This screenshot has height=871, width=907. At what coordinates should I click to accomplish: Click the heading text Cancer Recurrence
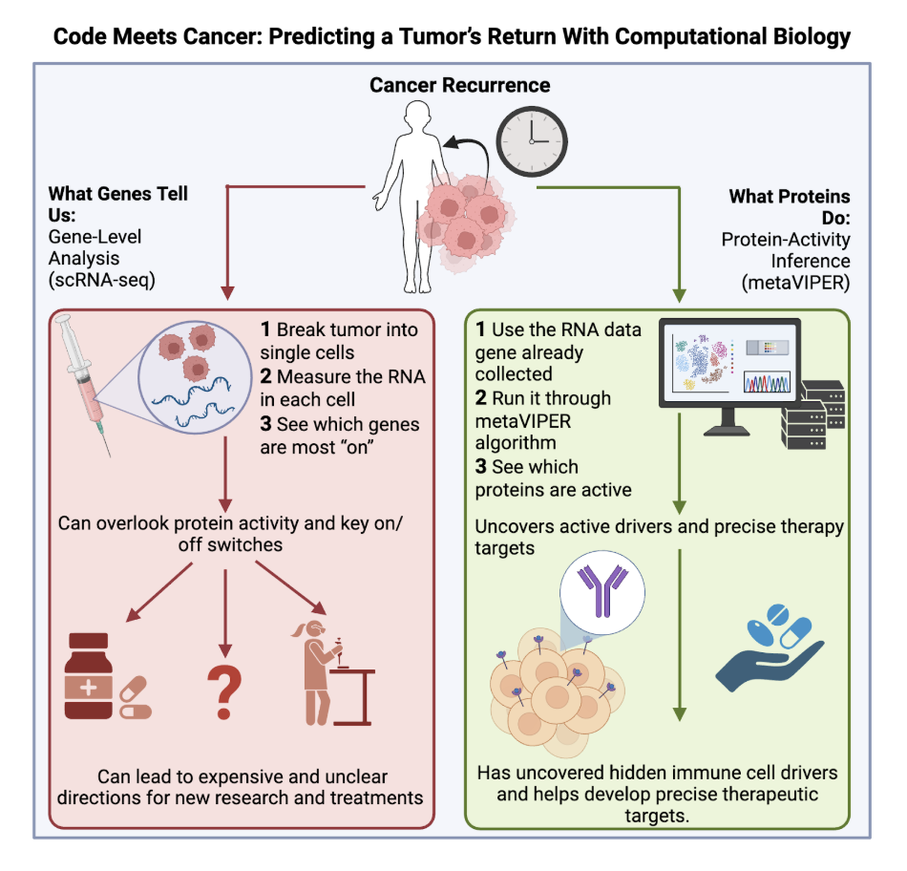tap(460, 86)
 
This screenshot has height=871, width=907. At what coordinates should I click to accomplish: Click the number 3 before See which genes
tap(266, 423)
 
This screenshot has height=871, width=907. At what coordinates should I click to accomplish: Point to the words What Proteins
tap(790, 196)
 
